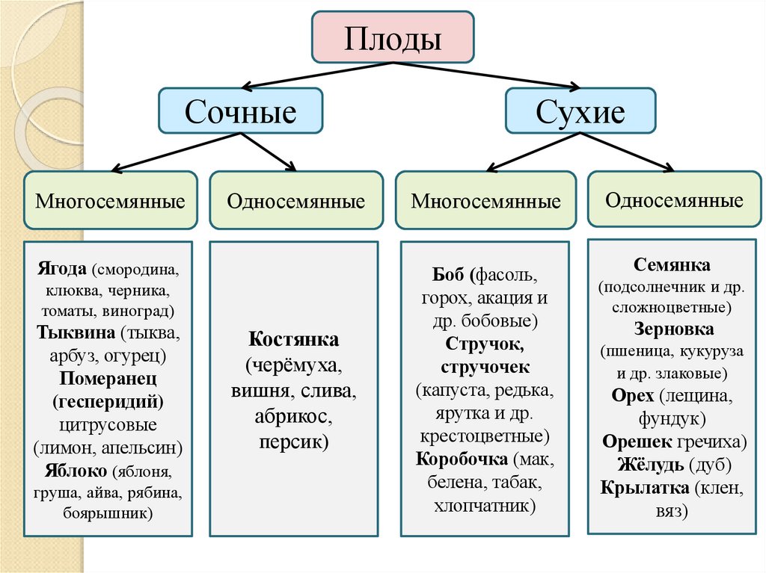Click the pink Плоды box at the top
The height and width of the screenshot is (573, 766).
coord(392,37)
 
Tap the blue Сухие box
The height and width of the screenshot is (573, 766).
coord(580,113)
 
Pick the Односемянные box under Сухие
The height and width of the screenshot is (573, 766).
coord(674,199)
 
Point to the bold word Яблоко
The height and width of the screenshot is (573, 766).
coord(71,471)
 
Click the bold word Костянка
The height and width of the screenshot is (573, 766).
coord(294,339)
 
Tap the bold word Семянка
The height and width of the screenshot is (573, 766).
coord(672,264)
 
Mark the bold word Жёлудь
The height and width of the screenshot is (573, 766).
coord(650,464)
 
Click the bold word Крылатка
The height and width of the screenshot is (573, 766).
coord(643,488)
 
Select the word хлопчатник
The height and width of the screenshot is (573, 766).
coord(484,506)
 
